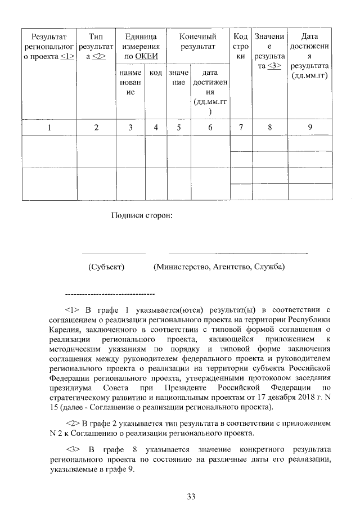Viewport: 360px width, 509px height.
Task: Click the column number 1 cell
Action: (x=49, y=127)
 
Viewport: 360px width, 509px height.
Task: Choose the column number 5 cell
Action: (x=178, y=127)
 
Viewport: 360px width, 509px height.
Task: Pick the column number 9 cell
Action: (x=310, y=127)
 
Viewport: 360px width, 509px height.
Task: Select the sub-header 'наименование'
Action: (x=130, y=82)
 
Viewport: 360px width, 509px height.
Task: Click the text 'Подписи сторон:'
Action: (x=141, y=215)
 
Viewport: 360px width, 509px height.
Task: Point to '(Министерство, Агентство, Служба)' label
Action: (x=219, y=266)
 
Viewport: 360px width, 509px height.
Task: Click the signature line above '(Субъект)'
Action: (x=114, y=253)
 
